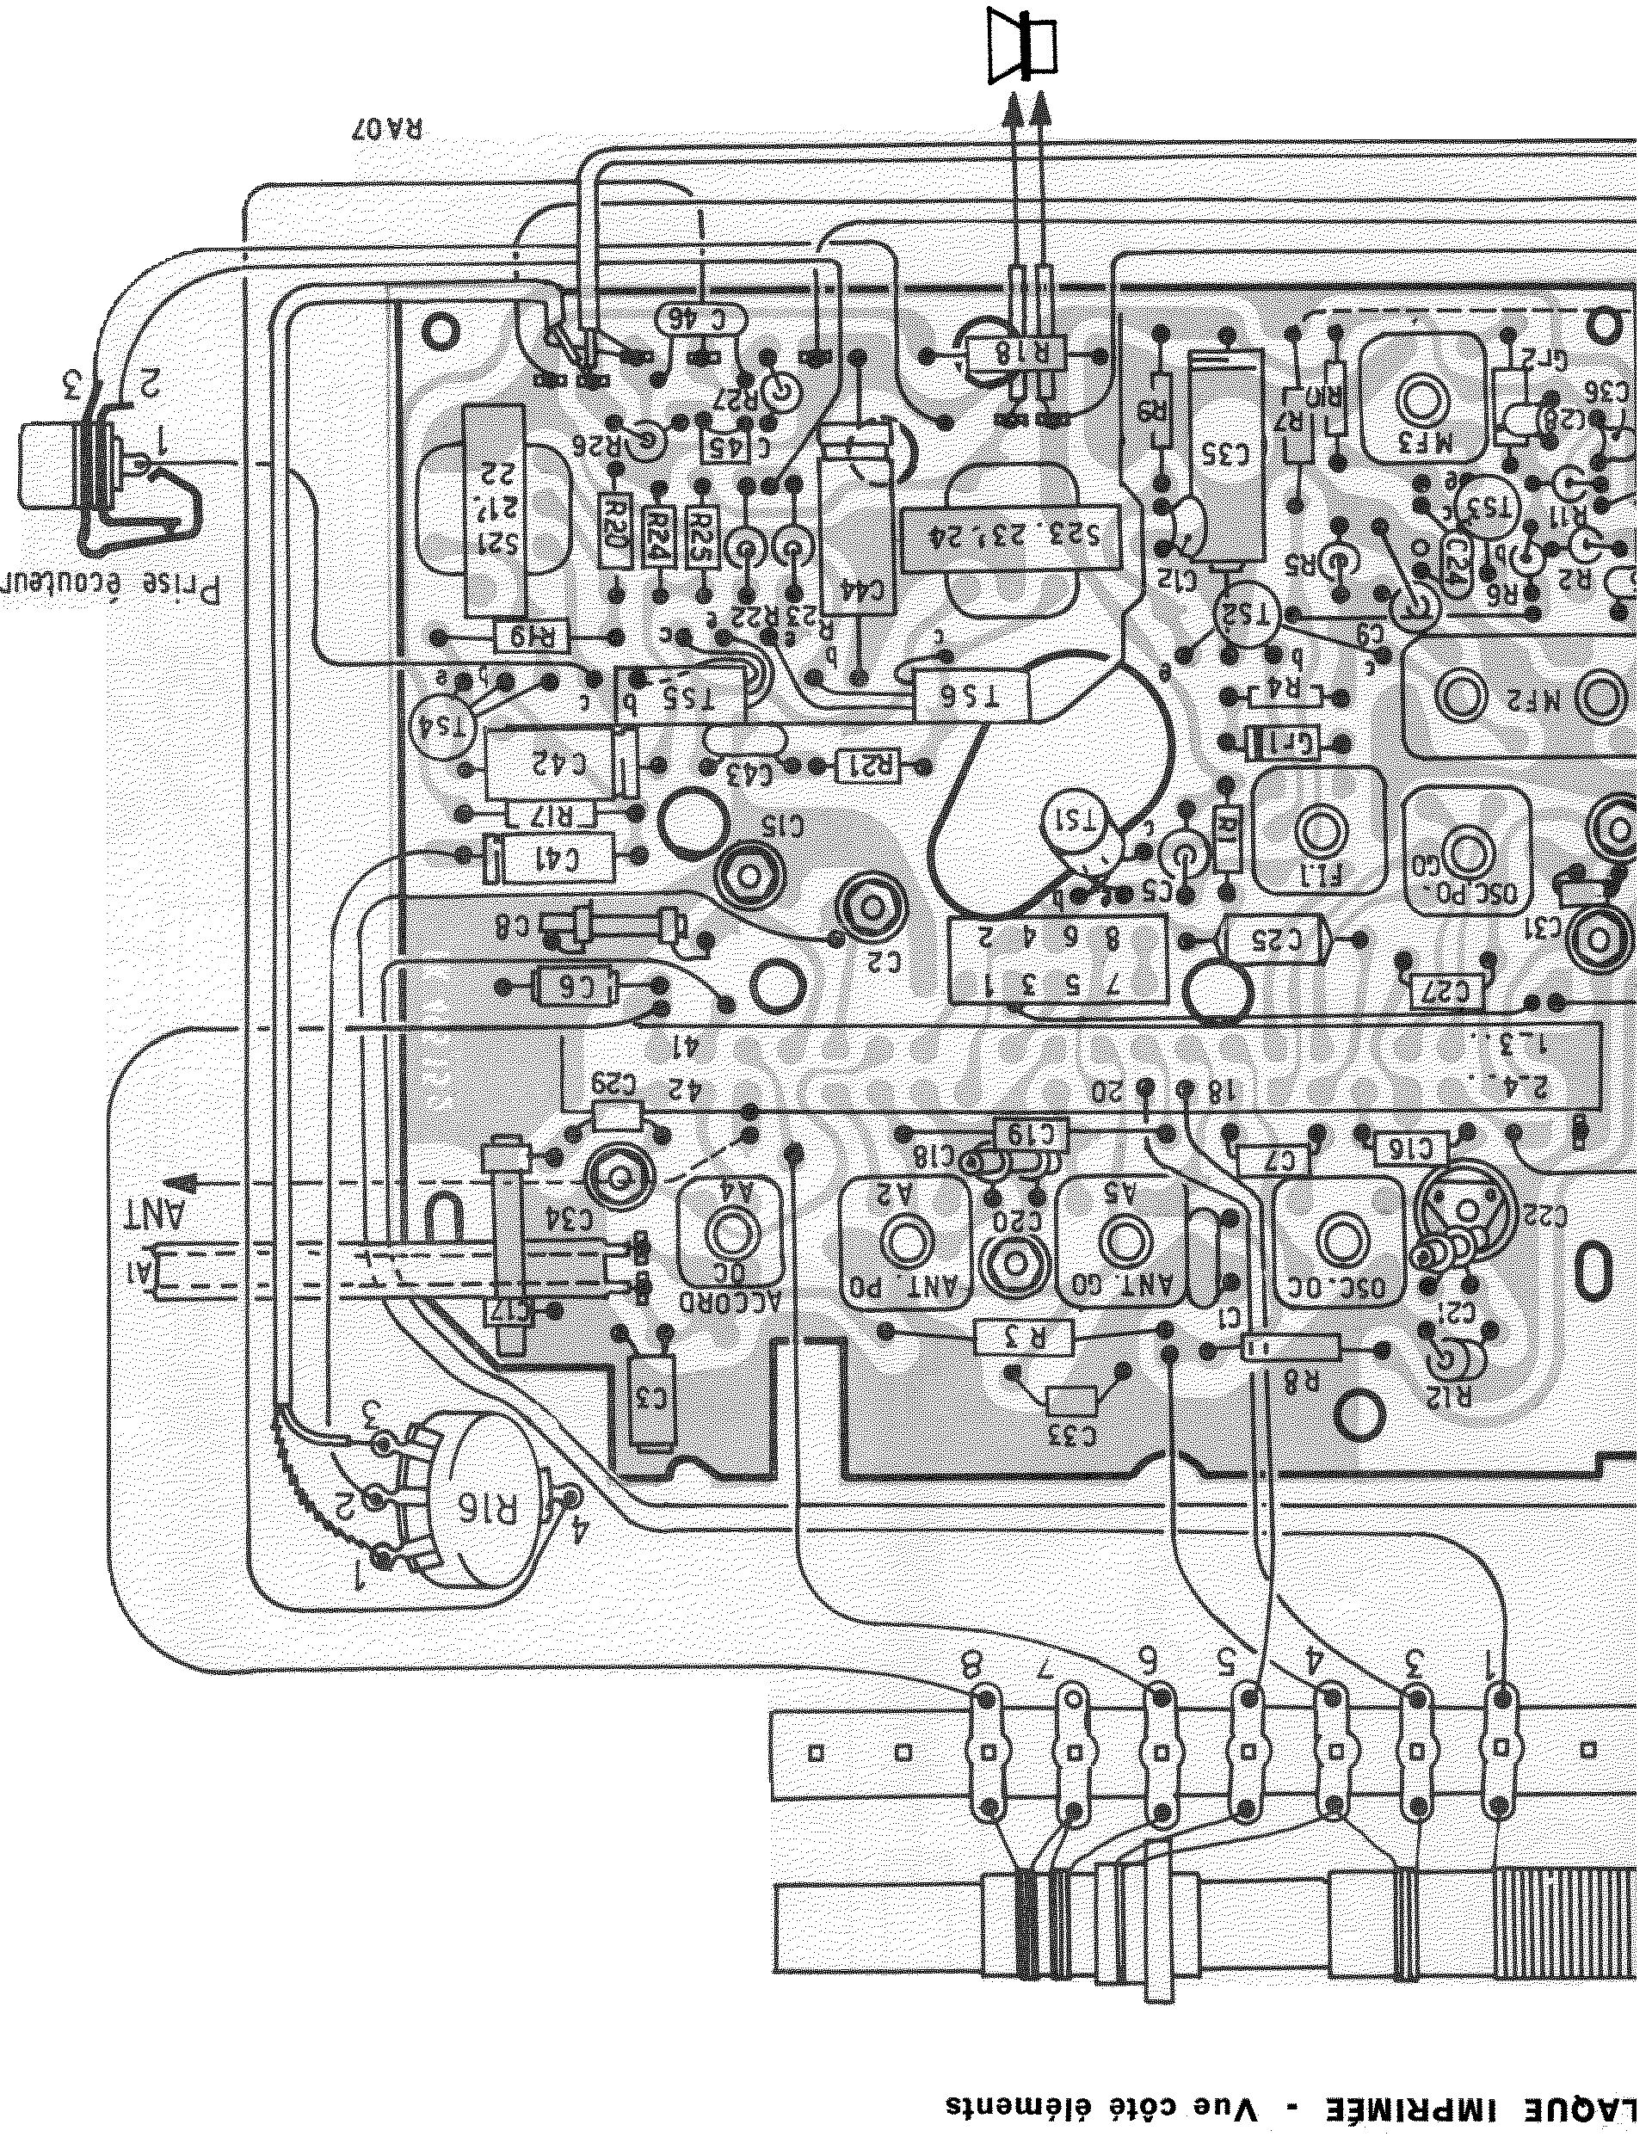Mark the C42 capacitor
click(558, 764)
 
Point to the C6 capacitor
click(578, 988)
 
